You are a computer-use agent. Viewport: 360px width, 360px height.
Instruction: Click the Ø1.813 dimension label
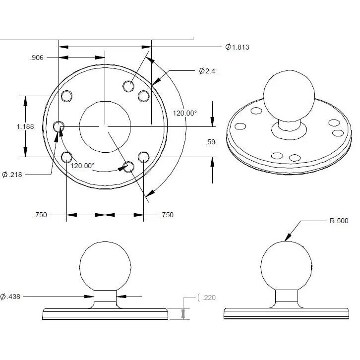tap(237, 48)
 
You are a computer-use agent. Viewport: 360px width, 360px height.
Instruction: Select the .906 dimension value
tap(37, 58)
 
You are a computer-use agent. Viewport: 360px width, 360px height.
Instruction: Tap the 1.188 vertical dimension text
tap(25, 126)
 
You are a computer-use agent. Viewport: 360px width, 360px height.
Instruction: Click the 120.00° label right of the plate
tap(184, 113)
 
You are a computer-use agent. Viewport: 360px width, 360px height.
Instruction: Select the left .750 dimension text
tap(40, 215)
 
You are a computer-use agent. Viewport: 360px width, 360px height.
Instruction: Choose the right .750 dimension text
tap(167, 215)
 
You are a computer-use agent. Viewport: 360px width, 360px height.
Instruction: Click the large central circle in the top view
tap(105, 126)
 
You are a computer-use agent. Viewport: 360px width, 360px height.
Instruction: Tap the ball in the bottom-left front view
tap(105, 266)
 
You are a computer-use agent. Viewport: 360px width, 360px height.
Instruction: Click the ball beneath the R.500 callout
tap(287, 266)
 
